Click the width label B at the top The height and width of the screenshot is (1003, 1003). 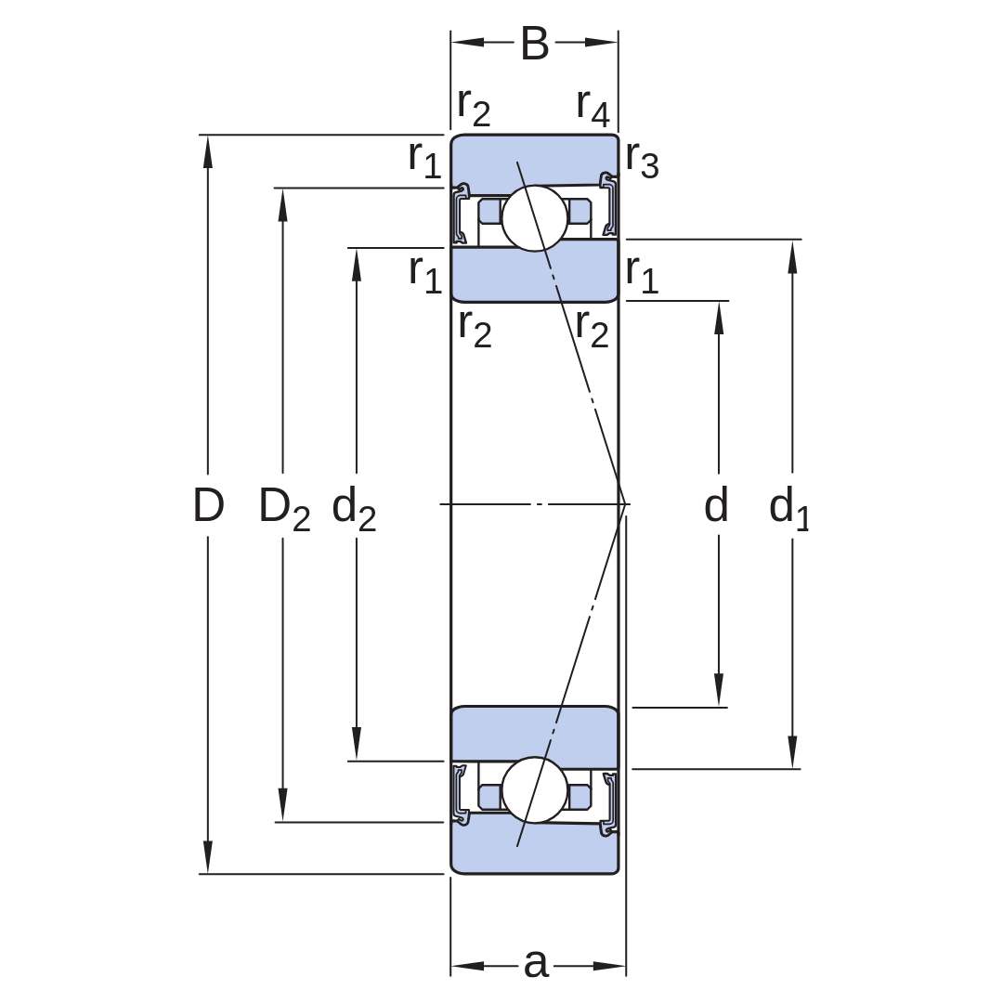click(535, 44)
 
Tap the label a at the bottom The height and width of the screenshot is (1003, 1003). click(536, 963)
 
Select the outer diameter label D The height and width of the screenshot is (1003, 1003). click(209, 504)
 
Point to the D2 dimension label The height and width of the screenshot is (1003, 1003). click(284, 509)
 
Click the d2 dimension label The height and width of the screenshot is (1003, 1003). click(354, 509)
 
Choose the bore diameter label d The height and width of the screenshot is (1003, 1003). click(716, 504)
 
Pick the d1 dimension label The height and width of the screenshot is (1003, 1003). click(789, 509)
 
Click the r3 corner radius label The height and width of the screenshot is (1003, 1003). click(643, 159)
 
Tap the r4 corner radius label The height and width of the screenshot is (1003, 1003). click(593, 108)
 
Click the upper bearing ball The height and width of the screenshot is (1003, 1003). click(535, 219)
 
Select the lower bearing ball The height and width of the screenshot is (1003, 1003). click(535, 790)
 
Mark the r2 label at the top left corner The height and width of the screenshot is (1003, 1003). click(474, 108)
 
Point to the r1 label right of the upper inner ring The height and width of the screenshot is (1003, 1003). click(643, 274)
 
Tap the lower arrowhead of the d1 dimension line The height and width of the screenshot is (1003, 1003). click(792, 751)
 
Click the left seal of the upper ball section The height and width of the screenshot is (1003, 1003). click(461, 215)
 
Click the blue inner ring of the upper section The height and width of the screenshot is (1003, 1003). click(535, 272)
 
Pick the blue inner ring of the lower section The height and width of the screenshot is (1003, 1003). click(535, 736)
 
